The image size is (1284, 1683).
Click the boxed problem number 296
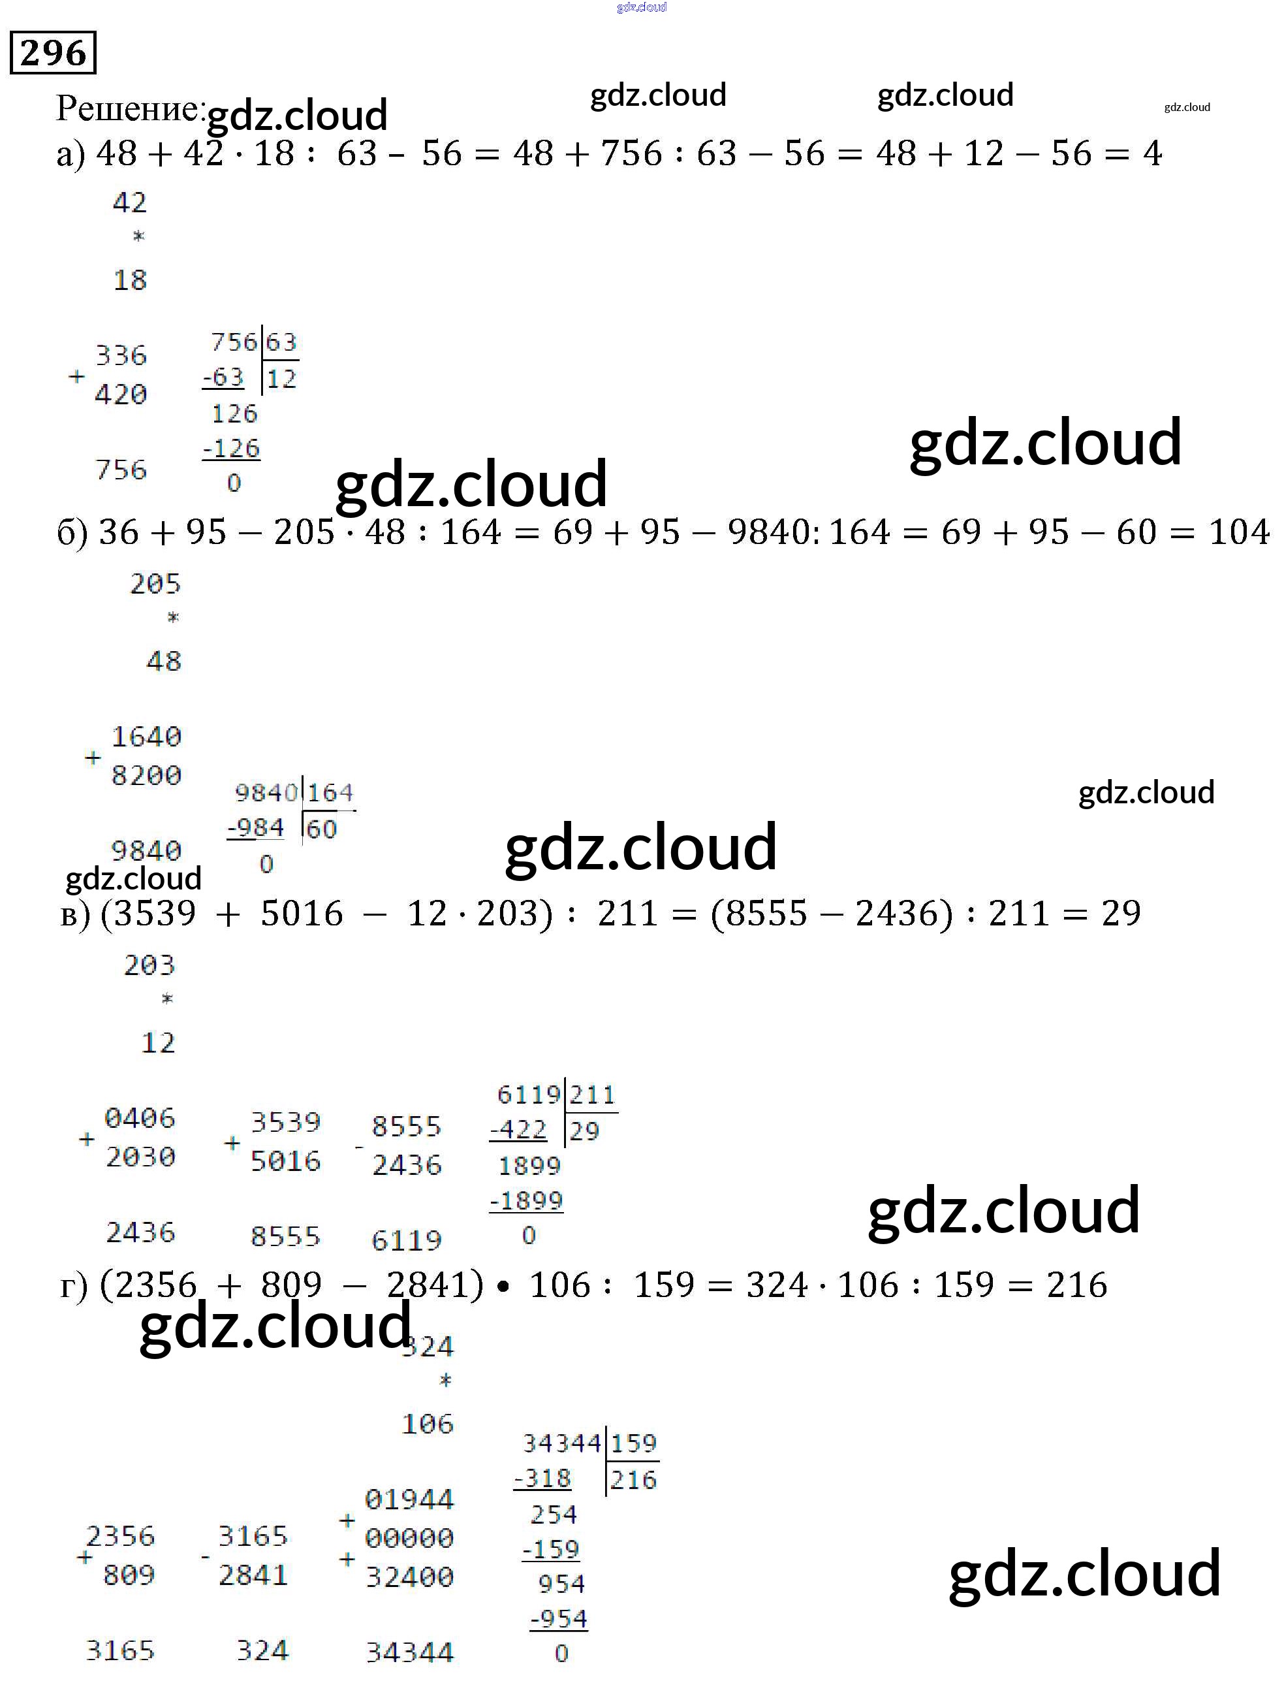click(x=53, y=53)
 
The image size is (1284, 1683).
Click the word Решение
click(x=129, y=108)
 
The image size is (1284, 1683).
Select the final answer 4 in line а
click(x=1151, y=153)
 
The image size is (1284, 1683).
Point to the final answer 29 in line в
click(x=1120, y=913)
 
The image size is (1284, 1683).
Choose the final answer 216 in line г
click(x=1076, y=1285)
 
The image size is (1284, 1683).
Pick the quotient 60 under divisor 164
click(x=321, y=829)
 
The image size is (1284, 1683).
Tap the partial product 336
click(x=121, y=355)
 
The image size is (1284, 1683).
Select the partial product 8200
click(x=146, y=775)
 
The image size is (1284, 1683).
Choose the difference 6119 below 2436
click(x=407, y=1240)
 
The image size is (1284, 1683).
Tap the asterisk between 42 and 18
click(x=138, y=236)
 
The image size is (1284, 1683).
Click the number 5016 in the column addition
click(x=285, y=1161)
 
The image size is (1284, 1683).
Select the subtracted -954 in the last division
click(x=559, y=1619)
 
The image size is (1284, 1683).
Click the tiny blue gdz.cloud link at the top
click(x=641, y=8)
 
